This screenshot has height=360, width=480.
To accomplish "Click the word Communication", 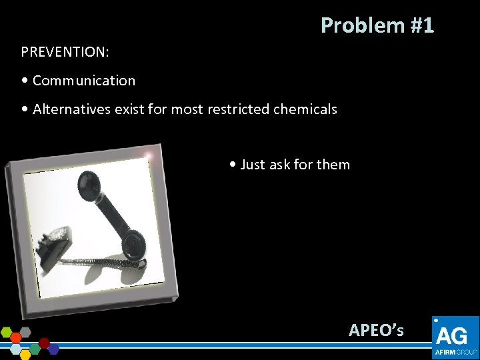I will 83,81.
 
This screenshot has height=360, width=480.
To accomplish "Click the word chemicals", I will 305,109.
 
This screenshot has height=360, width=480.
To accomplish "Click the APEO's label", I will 376,329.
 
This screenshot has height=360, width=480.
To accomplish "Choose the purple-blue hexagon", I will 53,347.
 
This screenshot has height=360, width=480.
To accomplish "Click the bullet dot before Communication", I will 25,81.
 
